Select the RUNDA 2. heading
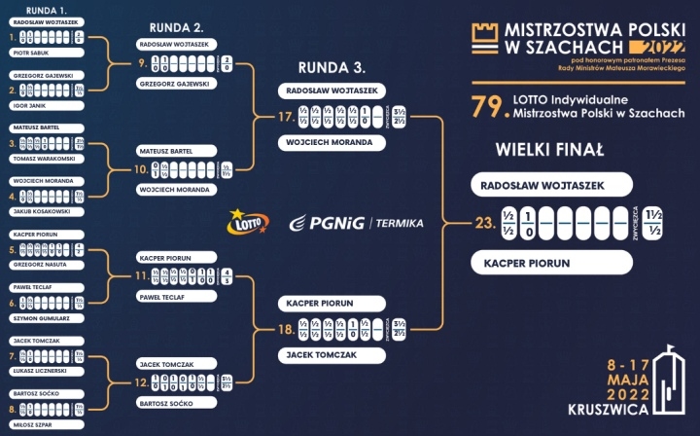click(178, 26)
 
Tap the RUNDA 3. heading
click(332, 68)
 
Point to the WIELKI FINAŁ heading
click(549, 150)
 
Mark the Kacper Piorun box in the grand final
click(551, 263)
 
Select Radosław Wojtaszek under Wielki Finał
click(551, 185)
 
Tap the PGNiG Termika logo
click(356, 223)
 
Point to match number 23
click(484, 224)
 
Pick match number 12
click(142, 383)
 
